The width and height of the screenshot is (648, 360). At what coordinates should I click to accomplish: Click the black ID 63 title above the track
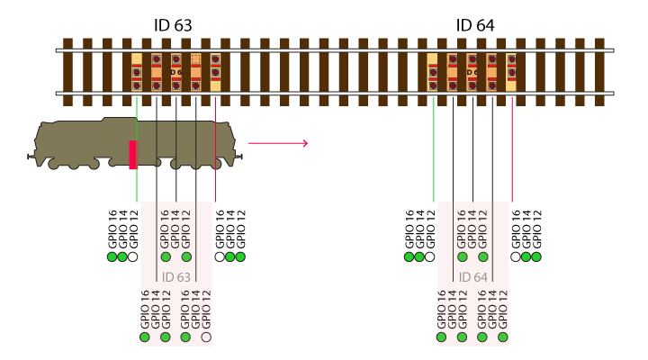[x=173, y=25]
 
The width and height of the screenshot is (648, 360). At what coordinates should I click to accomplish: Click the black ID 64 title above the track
[x=475, y=25]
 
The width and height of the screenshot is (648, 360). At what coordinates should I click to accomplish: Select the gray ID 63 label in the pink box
[x=176, y=277]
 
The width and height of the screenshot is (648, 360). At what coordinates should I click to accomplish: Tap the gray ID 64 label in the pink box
[x=472, y=277]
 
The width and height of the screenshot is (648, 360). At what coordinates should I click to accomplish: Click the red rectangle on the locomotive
[x=132, y=155]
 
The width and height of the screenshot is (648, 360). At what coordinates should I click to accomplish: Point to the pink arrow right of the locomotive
[x=278, y=143]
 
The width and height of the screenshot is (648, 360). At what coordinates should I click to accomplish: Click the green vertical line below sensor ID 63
[x=137, y=149]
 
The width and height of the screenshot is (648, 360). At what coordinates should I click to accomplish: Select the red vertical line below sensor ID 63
[x=216, y=149]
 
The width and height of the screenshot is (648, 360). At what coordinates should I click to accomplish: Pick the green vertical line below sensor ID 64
[x=433, y=149]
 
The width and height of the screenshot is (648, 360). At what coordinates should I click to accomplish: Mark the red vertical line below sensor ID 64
[x=512, y=149]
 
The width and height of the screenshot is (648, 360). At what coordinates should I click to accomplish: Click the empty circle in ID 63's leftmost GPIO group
[x=132, y=257]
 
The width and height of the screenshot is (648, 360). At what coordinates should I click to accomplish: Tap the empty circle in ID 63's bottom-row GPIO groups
[x=206, y=337]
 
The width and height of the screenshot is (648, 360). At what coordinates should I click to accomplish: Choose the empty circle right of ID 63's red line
[x=220, y=257]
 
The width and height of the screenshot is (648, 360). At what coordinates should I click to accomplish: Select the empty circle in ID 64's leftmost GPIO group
[x=430, y=257]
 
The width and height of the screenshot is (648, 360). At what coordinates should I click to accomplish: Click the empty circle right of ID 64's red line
[x=516, y=257]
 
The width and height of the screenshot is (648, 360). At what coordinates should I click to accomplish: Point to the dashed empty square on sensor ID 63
[x=196, y=59]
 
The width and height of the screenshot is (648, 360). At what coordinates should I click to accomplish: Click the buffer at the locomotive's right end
[x=239, y=157]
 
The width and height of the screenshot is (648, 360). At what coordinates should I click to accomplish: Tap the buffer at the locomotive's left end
[x=31, y=157]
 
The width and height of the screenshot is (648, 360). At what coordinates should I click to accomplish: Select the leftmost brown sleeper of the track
[x=67, y=72]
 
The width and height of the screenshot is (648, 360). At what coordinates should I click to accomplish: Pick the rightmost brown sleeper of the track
[x=599, y=72]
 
